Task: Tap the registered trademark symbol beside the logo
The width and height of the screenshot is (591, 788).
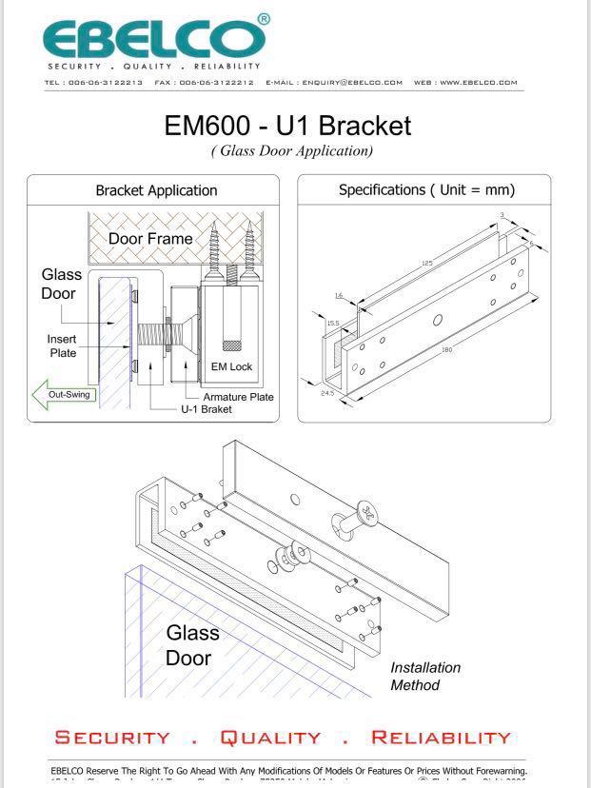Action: (264, 19)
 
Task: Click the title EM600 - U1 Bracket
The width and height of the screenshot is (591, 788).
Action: (287, 125)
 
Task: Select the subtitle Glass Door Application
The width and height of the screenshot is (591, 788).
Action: (291, 150)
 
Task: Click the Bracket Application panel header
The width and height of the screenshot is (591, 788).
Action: (156, 190)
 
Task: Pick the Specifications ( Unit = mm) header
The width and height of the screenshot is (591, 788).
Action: (426, 189)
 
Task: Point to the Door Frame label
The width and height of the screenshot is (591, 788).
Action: (149, 238)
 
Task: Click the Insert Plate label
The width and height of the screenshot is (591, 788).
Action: (63, 345)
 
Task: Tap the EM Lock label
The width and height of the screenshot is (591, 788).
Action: (231, 366)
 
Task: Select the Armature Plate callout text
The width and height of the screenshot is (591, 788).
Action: (238, 397)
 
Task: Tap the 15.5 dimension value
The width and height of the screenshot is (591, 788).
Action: (332, 324)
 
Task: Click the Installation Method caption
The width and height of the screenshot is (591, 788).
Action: (424, 676)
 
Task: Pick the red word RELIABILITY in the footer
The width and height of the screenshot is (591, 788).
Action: (441, 738)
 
